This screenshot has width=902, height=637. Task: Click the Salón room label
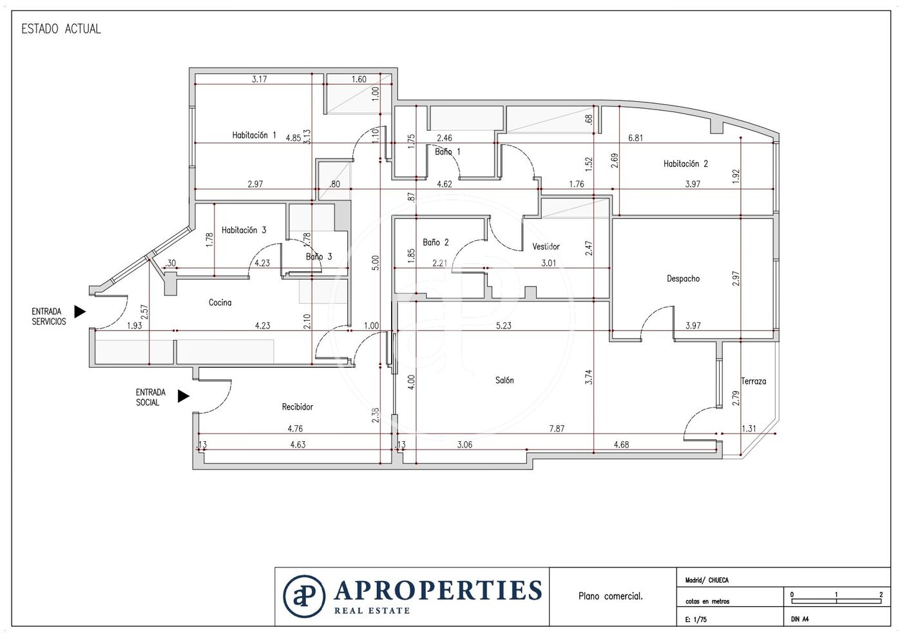pos(504,380)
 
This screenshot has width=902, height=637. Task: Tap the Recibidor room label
pos(297,406)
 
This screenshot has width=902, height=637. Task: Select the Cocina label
pos(220,302)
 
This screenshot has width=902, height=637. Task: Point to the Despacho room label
pos(683,279)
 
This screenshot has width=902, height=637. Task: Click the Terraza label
pos(753,381)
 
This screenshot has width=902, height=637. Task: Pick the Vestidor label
pos(546,247)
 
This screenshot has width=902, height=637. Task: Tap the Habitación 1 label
pos(254,135)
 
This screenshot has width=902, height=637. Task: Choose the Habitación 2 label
pos(686,164)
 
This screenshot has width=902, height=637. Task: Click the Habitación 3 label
pos(244,231)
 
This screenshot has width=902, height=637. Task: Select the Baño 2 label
pos(436,242)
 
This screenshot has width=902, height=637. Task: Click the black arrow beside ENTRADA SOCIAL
pos(183,396)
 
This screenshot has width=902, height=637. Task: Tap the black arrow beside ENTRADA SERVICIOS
pos(80,311)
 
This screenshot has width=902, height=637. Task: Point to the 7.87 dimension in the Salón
pos(557,429)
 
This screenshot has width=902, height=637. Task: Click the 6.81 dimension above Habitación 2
pos(635,138)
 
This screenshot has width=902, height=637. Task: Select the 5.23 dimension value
pos(503,325)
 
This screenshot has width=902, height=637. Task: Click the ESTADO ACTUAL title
pos(61,29)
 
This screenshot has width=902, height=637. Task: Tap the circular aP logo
pos(304,596)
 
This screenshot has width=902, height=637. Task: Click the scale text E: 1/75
pos(696,620)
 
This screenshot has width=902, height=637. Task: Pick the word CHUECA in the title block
pos(718,580)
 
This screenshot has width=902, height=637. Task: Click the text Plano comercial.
pos(611,596)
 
